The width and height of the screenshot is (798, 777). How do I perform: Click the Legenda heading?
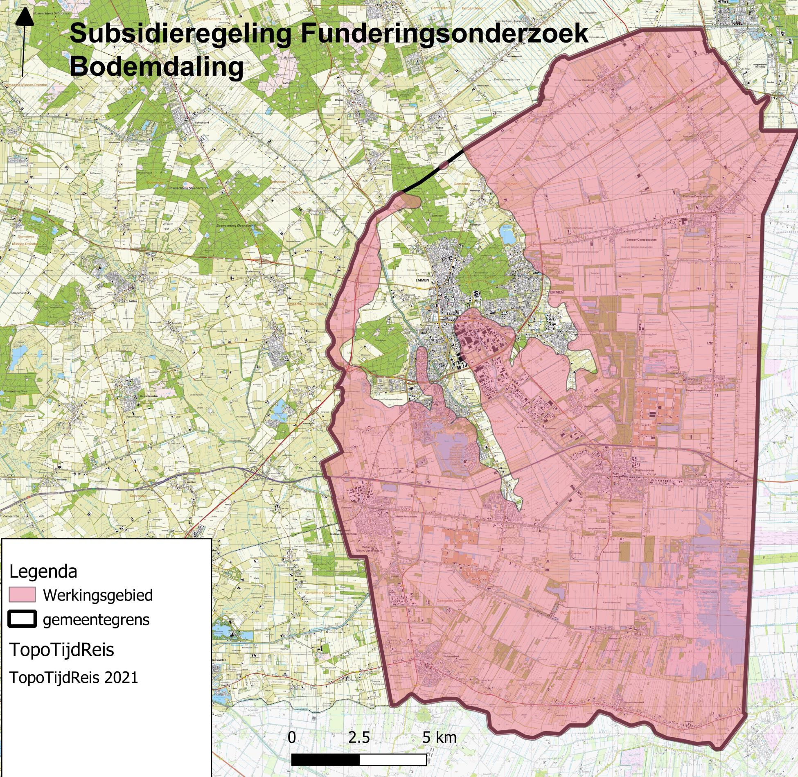(x=43, y=571)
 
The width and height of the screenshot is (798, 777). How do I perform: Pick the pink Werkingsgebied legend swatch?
(x=22, y=595)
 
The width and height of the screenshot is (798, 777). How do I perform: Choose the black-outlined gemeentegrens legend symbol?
(x=22, y=619)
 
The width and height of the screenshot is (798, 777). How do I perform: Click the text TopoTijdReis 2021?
(x=74, y=678)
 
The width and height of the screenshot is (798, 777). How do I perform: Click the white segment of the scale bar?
(x=393, y=760)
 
